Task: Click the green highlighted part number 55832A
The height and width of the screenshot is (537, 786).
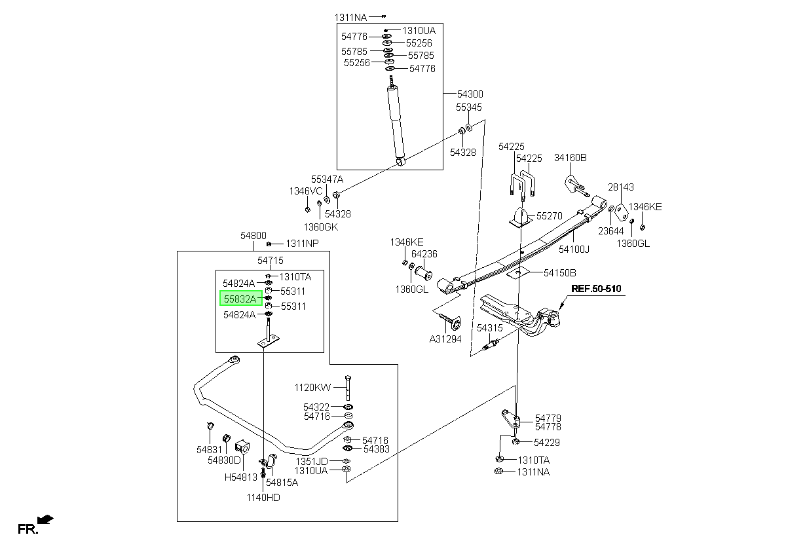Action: [x=241, y=299]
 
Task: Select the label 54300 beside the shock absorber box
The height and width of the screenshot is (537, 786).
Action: [x=470, y=94]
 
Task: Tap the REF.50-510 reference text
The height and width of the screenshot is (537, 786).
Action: [x=596, y=289]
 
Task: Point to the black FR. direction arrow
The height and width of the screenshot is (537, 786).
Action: [x=45, y=519]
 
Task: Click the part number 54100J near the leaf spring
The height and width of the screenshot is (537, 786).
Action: [x=574, y=249]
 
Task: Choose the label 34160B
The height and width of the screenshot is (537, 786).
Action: [x=571, y=158]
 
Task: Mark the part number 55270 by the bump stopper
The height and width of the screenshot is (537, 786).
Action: [x=550, y=215]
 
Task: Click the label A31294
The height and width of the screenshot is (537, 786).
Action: [x=445, y=339]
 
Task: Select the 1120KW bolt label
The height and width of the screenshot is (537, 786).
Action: [x=312, y=387]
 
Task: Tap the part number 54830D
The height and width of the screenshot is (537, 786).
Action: [x=224, y=460]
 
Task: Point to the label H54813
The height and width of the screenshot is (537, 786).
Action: [x=241, y=477]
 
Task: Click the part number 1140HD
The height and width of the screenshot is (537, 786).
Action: [x=263, y=497]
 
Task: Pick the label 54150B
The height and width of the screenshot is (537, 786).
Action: [x=559, y=272]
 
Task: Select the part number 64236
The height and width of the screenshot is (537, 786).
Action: [x=424, y=253]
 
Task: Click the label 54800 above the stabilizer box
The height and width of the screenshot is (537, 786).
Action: [x=253, y=235]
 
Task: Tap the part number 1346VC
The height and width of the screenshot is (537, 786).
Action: [x=306, y=191]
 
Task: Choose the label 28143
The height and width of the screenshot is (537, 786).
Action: [x=621, y=187]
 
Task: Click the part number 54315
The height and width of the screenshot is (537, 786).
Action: [x=489, y=328]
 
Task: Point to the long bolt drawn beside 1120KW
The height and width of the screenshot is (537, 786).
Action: [x=348, y=388]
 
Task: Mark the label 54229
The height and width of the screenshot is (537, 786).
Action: [x=547, y=442]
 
